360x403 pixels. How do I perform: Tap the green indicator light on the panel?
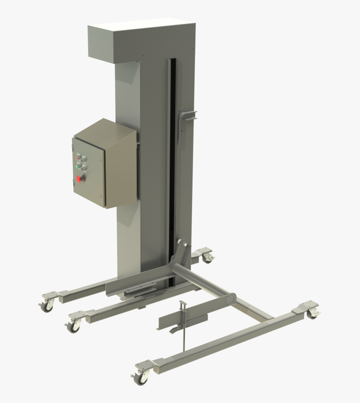point(77,166)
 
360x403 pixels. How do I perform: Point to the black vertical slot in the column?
point(172,167)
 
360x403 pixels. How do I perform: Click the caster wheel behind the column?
point(207,258)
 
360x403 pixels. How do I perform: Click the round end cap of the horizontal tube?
point(229,300)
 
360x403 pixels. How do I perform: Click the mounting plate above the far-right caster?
point(307,305)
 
